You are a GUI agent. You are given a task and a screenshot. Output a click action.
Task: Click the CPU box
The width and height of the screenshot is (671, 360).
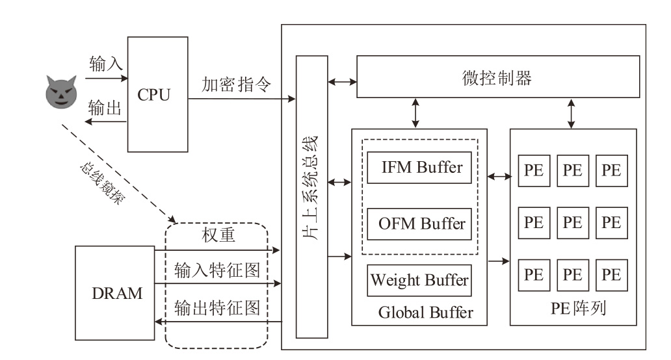[x=153, y=94]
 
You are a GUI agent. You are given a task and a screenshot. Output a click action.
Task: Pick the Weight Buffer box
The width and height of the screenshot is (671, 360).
[x=419, y=281]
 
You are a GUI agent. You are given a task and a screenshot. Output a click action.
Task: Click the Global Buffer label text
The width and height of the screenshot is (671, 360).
[x=425, y=313]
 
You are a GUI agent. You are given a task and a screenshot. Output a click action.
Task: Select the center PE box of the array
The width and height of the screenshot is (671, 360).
[x=572, y=222]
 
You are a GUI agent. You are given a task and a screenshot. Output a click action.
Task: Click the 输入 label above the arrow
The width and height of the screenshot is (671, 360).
[x=106, y=64]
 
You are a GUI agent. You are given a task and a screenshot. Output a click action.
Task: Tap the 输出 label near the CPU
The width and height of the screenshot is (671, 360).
[x=105, y=109]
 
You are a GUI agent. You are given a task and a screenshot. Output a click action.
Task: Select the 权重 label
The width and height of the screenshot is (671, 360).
[x=217, y=235]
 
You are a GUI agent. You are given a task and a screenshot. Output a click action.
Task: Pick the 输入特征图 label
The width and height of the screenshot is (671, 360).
[x=217, y=271]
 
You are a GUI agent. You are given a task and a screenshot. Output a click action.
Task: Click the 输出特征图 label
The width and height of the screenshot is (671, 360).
[x=217, y=307]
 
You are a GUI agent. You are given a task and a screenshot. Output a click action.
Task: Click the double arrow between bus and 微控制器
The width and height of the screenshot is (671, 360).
[x=342, y=82]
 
